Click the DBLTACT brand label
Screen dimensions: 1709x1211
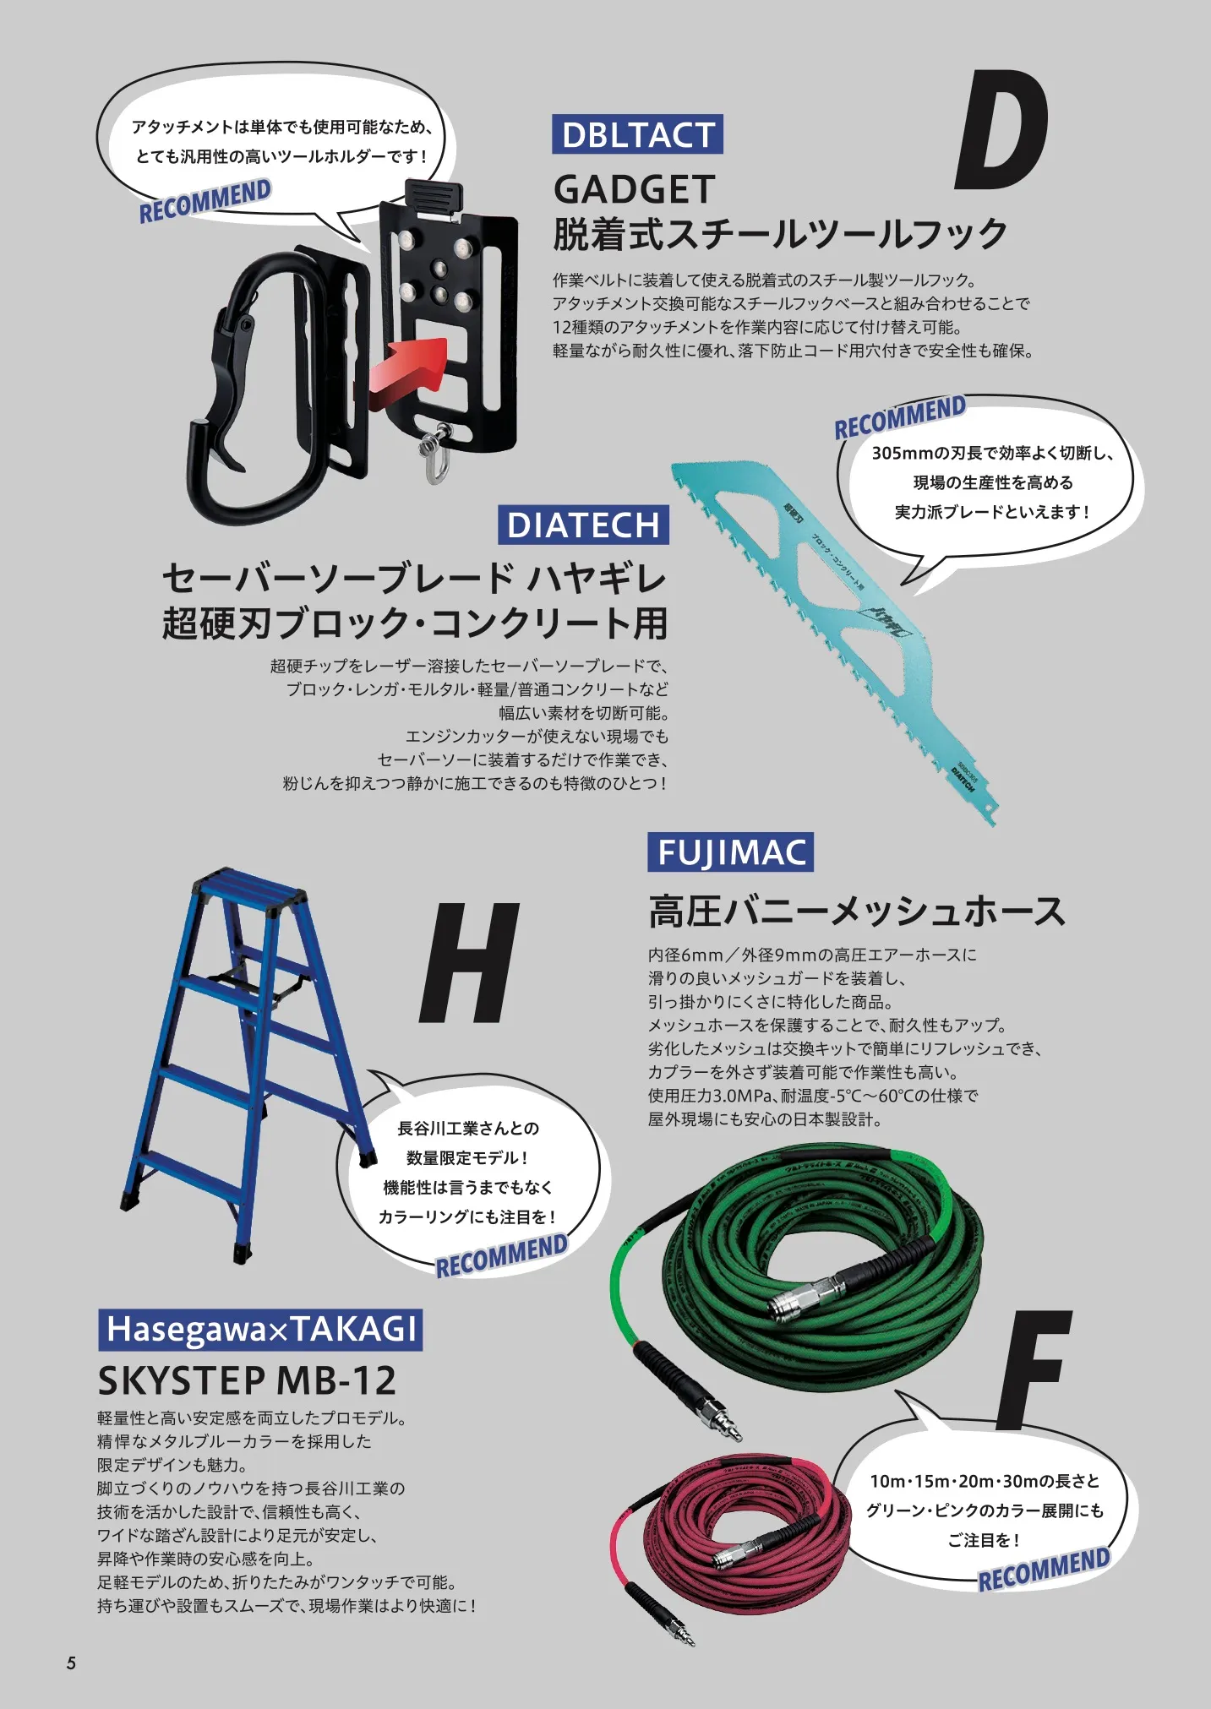coord(637,134)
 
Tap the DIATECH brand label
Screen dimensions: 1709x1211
coord(583,525)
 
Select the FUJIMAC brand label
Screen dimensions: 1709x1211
coord(730,852)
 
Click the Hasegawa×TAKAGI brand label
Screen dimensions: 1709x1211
coord(260,1329)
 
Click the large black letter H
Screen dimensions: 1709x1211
coord(470,962)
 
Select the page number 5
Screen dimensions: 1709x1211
coord(71,1663)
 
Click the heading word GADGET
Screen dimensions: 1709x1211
coord(634,190)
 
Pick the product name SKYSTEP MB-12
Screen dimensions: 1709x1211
coord(247,1380)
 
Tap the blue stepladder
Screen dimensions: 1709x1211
coord(245,1056)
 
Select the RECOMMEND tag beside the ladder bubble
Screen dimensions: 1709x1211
coord(501,1255)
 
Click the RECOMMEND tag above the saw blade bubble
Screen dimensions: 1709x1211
coord(899,416)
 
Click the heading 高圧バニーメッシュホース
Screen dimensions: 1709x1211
coord(856,912)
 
